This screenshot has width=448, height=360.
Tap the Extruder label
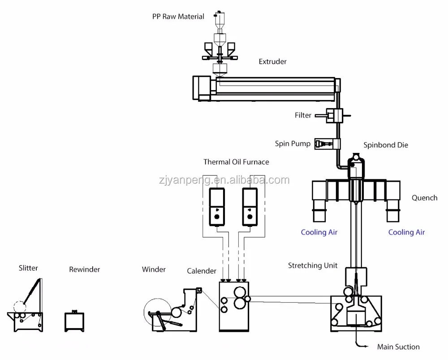click(x=272, y=61)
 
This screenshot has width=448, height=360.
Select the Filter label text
click(x=303, y=115)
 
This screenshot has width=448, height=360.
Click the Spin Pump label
click(x=293, y=144)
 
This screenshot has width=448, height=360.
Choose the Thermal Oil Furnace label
click(x=236, y=161)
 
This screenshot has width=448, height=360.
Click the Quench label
click(x=424, y=198)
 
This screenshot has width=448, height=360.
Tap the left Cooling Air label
click(x=319, y=232)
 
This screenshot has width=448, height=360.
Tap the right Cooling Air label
click(x=406, y=232)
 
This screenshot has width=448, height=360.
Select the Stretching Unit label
click(x=312, y=265)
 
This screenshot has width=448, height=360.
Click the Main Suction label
click(x=398, y=347)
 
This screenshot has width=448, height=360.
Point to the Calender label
click(x=202, y=271)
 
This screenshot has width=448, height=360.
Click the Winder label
click(x=154, y=269)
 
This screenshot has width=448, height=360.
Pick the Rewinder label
click(x=84, y=269)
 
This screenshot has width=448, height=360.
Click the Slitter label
click(x=28, y=268)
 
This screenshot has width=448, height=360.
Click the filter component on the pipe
click(x=334, y=116)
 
